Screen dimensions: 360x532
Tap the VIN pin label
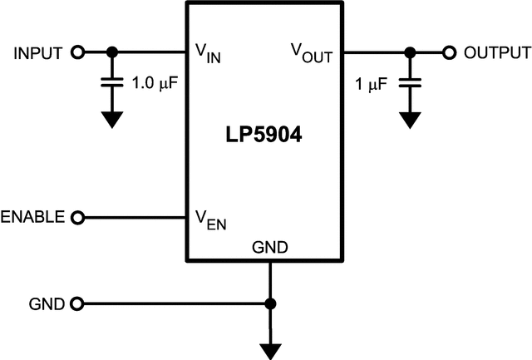(208, 54)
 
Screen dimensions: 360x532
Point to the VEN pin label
(209, 220)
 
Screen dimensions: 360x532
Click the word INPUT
(38, 53)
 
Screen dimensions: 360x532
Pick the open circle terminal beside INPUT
(78, 52)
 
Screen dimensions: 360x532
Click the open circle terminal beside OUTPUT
(449, 52)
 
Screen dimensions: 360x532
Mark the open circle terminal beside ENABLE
(78, 218)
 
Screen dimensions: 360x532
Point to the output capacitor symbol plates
(408, 82)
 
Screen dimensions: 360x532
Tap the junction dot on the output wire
(408, 52)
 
